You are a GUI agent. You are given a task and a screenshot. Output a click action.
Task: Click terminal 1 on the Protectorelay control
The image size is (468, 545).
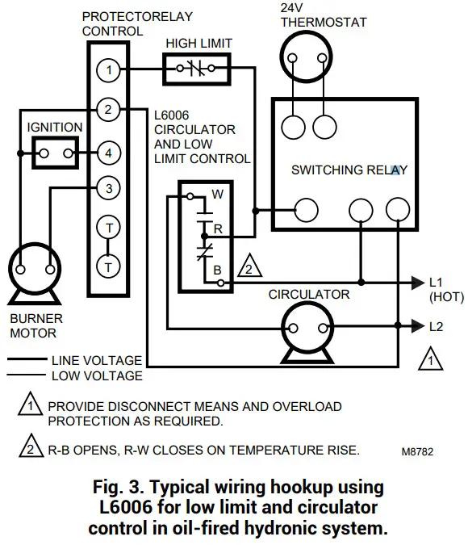[108, 71]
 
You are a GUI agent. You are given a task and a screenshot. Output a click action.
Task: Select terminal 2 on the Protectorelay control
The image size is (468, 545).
[108, 110]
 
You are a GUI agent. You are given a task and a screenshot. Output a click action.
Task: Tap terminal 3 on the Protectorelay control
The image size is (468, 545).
[108, 189]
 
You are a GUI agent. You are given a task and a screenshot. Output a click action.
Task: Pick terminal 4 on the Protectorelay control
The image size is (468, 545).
[108, 152]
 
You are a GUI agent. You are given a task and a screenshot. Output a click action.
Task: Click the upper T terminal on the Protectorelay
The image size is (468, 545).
[108, 228]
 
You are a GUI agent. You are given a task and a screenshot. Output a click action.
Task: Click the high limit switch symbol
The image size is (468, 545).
[198, 70]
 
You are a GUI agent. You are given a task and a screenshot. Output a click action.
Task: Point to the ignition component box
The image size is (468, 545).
[55, 152]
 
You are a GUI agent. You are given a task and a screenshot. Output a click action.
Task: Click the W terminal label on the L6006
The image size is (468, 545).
[217, 195]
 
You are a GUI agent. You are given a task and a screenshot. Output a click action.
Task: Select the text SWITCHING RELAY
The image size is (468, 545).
[349, 170]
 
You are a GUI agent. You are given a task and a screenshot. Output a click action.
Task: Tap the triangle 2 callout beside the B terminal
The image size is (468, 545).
[250, 269]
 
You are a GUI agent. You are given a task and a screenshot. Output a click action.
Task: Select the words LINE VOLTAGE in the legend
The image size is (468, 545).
[96, 361]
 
